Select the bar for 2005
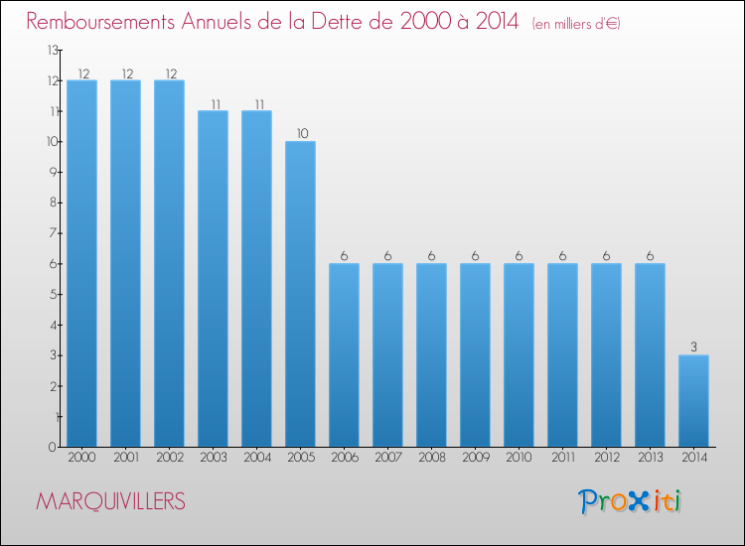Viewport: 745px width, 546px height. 300,294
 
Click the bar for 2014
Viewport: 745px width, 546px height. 693,401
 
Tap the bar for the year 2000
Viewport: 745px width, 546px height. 81,263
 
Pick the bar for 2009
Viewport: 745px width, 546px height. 475,355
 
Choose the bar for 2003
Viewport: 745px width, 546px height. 213,279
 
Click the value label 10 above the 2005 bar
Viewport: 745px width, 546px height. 303,133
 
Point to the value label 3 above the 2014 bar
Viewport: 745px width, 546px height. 693,347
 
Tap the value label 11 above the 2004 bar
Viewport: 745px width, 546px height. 259,104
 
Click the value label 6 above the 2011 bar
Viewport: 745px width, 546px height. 562,256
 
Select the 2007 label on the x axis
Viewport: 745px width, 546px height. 388,458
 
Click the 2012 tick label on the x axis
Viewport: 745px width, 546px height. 607,458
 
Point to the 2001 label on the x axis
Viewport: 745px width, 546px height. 126,458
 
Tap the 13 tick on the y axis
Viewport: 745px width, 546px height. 53,50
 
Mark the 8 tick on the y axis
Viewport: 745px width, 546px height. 54,203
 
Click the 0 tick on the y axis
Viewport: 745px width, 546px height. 53,447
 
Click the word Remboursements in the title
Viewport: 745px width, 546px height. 100,22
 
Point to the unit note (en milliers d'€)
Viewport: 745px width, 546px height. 576,23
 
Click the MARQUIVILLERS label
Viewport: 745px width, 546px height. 110,501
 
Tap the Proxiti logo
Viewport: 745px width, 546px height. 630,501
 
